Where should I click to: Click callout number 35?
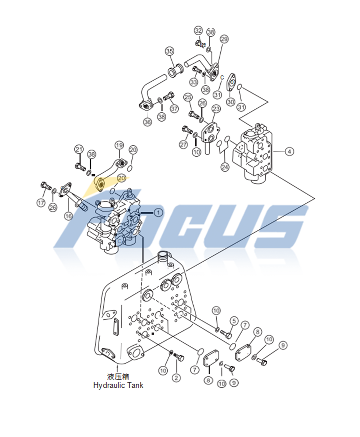[x=170, y=51]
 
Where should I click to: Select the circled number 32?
[x=198, y=30]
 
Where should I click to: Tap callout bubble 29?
[x=224, y=39]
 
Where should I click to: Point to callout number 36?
[x=148, y=122]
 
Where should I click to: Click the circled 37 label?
[x=174, y=108]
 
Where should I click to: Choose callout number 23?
[x=216, y=108]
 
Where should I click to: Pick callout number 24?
[x=225, y=167]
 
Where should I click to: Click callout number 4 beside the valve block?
[x=289, y=152]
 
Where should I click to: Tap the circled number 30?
[x=230, y=102]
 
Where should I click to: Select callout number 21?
[x=79, y=149]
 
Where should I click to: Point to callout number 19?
[x=119, y=145]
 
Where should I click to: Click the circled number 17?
[x=41, y=203]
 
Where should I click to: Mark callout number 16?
[x=68, y=216]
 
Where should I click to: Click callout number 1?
[x=158, y=213]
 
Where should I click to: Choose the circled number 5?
[x=234, y=320]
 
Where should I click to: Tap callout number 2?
[x=176, y=378]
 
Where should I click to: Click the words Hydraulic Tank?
[x=118, y=385]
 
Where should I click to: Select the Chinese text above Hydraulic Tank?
[x=118, y=377]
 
